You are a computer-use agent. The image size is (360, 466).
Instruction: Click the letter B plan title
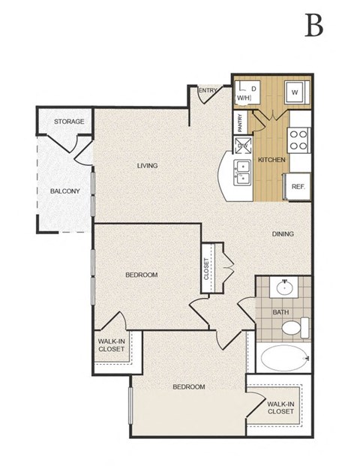[x=313, y=26]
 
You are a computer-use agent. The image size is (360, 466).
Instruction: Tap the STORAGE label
[x=69, y=122]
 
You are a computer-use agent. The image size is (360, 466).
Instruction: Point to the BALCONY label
[x=64, y=191]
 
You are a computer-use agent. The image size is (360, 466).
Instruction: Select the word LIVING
[x=147, y=165]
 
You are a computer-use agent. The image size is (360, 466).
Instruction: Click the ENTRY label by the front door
[x=208, y=92]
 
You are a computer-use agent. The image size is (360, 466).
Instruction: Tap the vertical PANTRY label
[x=240, y=122]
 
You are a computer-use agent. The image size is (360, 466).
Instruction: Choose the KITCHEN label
[x=271, y=160]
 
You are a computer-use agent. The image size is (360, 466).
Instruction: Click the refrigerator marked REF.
[x=297, y=186]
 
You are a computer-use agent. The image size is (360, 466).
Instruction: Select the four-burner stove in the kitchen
[x=298, y=140]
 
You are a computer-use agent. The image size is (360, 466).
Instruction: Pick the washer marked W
[x=295, y=92]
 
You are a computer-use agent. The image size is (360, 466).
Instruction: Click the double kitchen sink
[x=243, y=172]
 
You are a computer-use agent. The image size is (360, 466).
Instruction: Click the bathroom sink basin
[x=285, y=288]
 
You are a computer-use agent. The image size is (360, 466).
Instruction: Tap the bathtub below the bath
[x=282, y=358]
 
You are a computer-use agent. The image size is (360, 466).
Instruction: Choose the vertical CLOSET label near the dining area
[x=207, y=269]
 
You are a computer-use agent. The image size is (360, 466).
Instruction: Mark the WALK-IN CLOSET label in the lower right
[x=280, y=407]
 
